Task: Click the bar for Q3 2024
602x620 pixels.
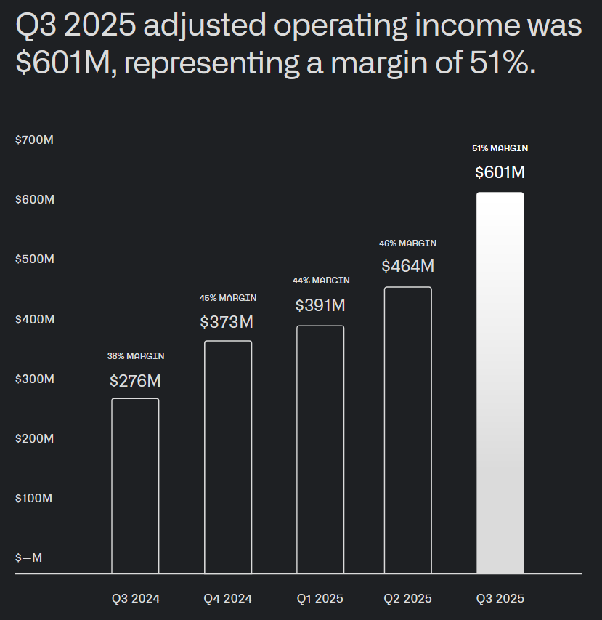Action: tap(135, 486)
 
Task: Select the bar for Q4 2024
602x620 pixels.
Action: tap(228, 456)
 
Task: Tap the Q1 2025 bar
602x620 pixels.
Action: tap(320, 449)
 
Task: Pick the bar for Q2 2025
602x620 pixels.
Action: tap(407, 430)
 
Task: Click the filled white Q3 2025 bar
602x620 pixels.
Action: tap(500, 383)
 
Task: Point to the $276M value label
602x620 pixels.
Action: tap(135, 380)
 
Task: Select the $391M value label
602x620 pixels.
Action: tap(320, 305)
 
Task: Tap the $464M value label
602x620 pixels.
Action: tap(407, 266)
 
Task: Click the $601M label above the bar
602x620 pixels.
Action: tap(500, 172)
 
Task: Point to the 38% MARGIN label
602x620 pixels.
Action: tap(136, 356)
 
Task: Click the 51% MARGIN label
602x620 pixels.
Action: tap(500, 148)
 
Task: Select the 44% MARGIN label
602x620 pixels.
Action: tap(321, 281)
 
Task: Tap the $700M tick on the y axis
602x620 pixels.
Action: tap(35, 140)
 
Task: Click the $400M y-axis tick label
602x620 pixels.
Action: tap(35, 319)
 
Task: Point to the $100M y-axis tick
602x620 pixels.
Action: tap(35, 499)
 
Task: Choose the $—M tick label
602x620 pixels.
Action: tap(29, 558)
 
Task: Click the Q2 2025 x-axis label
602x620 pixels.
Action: tap(407, 599)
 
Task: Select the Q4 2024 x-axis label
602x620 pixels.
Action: tap(228, 599)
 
